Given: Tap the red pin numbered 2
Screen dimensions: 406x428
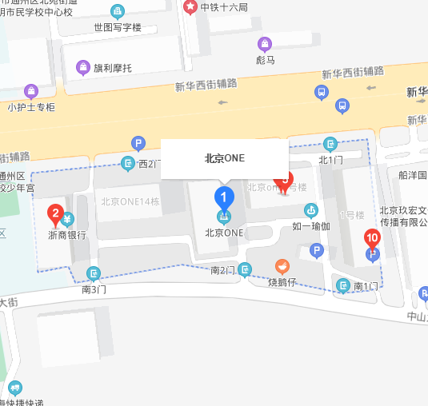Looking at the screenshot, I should [55, 213].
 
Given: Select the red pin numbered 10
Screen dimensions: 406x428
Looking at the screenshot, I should [371, 237].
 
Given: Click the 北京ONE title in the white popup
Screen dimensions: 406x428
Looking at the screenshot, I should [224, 158].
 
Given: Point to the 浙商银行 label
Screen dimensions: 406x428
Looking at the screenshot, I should [66, 235].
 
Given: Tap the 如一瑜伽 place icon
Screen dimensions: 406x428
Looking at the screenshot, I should [310, 210].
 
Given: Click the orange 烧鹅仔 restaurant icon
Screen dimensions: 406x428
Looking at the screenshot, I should [282, 266].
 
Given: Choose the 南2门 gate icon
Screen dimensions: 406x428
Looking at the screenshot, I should [245, 269].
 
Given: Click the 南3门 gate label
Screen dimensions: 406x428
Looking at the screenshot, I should [94, 289].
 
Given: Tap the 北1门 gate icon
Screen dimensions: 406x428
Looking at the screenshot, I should [330, 144].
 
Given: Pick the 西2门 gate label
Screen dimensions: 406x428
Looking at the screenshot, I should [150, 165].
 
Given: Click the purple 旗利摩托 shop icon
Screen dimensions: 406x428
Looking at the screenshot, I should [82, 66].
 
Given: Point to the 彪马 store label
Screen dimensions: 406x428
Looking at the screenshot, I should [266, 58].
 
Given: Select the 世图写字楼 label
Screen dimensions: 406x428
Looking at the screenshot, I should [117, 27].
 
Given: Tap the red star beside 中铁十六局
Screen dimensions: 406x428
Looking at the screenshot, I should [190, 7].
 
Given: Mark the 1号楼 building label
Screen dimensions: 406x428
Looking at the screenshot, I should [352, 215].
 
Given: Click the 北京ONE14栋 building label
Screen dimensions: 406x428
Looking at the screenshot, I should [130, 201].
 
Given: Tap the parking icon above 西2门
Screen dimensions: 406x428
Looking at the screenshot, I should [138, 144].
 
